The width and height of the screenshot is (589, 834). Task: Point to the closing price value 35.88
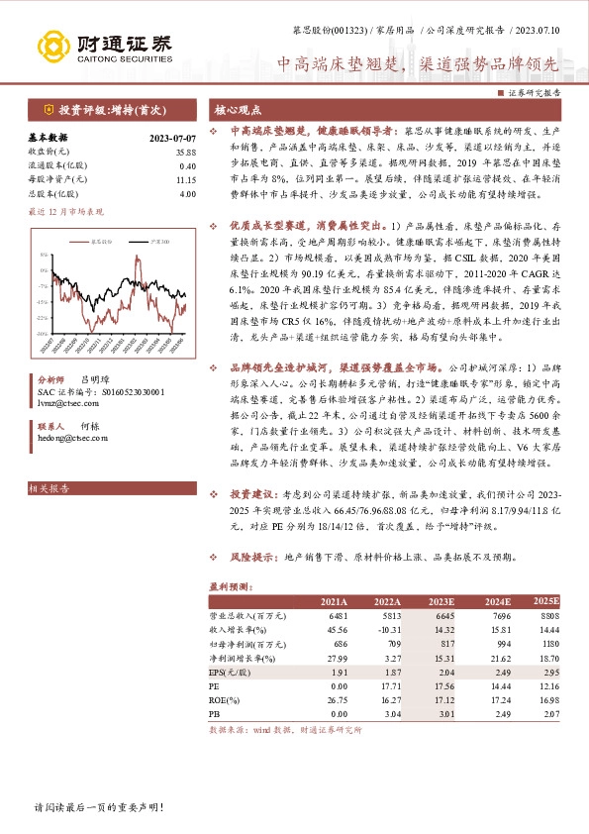point(185,152)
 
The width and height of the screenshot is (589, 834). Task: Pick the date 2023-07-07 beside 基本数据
point(173,137)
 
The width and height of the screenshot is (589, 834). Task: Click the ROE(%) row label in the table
point(228,698)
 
